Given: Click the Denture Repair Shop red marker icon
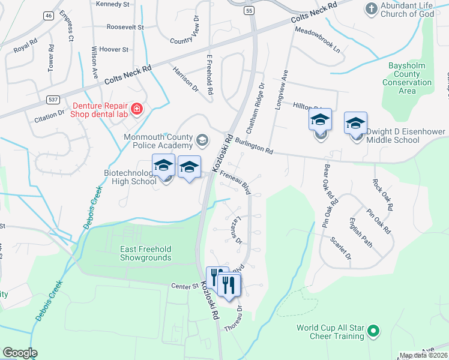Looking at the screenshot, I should point(137,109).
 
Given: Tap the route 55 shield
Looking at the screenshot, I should point(248,11).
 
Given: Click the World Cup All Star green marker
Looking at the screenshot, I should point(373,329).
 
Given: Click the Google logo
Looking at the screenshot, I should point(19,352).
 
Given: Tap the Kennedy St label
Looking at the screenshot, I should point(113,4).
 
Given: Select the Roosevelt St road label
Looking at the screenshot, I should point(125,27).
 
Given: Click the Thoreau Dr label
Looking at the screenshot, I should point(233,319).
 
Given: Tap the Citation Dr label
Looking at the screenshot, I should point(49,113).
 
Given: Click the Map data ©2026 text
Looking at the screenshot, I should point(423,355).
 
